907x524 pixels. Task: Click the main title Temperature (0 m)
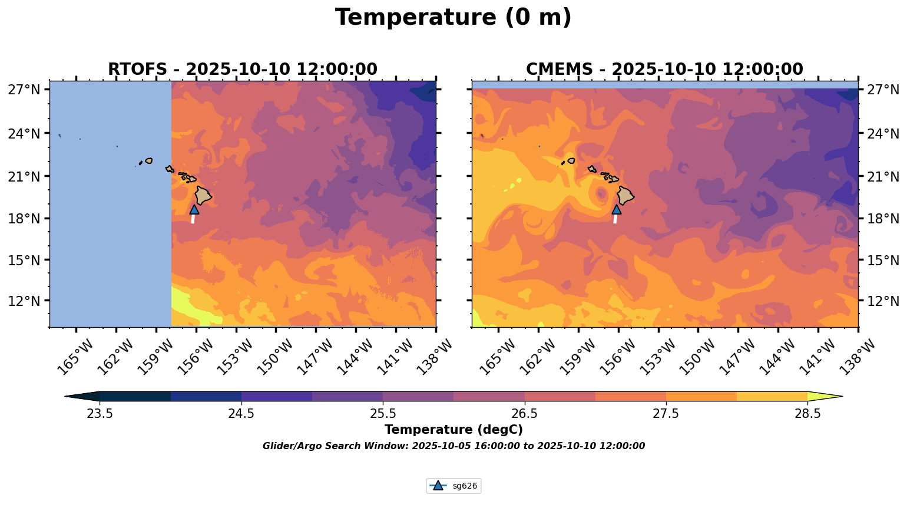point(453,18)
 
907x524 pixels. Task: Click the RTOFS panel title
point(242,70)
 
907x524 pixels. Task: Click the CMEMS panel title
point(664,70)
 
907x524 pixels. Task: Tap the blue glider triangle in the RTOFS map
point(194,209)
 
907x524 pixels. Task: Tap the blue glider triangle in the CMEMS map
point(617,209)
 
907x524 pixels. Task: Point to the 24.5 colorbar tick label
point(241,414)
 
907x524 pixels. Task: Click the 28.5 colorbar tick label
point(807,414)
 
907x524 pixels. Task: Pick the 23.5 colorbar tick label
point(100,414)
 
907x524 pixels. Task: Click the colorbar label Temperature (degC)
point(453,430)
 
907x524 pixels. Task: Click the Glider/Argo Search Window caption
point(453,446)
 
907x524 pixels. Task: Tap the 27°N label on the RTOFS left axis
point(24,90)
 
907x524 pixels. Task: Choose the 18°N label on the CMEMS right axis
point(883,219)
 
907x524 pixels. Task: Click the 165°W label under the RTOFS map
point(75,357)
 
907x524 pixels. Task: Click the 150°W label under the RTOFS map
point(275,357)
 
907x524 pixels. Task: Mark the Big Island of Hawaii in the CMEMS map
point(625,195)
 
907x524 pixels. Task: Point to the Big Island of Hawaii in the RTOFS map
point(203,195)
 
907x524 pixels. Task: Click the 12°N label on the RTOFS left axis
point(24,301)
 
